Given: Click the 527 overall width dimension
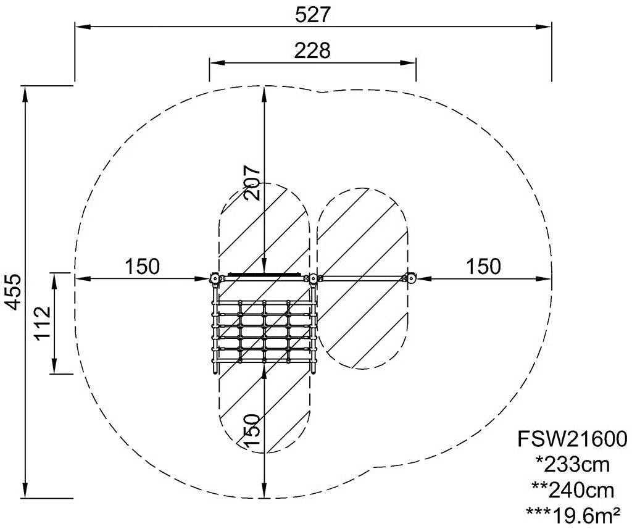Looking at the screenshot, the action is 313,15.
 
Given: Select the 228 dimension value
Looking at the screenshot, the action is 312,51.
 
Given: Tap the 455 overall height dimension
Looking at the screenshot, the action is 15,292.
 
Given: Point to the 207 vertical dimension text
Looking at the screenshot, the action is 252,183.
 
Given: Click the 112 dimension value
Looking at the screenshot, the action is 42,323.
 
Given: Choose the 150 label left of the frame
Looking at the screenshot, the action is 142,267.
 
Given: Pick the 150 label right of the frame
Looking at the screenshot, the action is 484,267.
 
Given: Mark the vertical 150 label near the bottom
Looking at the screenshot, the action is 252,430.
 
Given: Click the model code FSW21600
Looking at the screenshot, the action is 572,439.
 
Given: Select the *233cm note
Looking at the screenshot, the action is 572,465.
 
